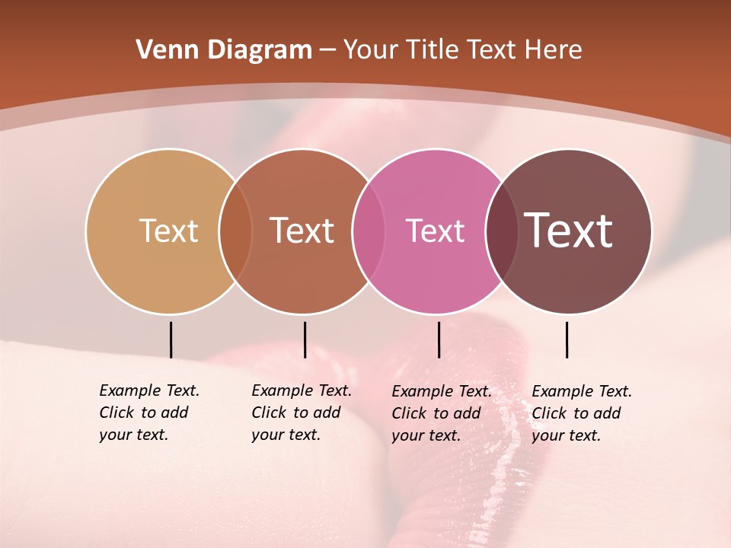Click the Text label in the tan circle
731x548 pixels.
[168, 231]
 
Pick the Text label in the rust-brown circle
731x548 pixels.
[302, 231]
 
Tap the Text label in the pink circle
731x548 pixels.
[435, 231]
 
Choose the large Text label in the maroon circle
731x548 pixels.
[568, 231]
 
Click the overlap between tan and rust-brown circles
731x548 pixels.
[235, 231]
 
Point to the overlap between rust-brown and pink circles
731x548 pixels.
[369, 231]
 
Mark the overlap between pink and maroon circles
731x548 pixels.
[501, 231]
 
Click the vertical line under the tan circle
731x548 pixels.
[171, 339]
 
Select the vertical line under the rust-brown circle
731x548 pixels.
[305, 339]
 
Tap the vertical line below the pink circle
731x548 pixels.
[439, 339]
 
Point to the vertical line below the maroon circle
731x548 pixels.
[567, 339]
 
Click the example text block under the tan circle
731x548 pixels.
[149, 413]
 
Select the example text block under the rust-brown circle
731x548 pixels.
[302, 413]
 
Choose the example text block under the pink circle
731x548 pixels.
[442, 413]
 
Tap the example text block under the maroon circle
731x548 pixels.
[582, 413]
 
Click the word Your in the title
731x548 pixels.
[372, 50]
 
